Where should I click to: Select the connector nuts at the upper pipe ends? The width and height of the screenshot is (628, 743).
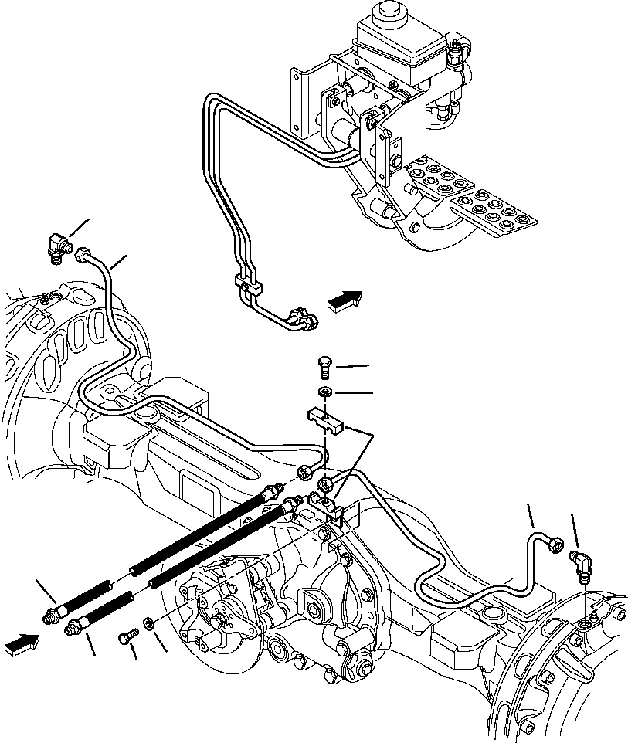[300, 319]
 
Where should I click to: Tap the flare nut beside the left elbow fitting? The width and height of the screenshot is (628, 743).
[83, 252]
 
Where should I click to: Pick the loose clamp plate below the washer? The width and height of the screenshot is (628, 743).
[325, 419]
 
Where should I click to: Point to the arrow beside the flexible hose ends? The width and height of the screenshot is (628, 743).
[21, 643]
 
